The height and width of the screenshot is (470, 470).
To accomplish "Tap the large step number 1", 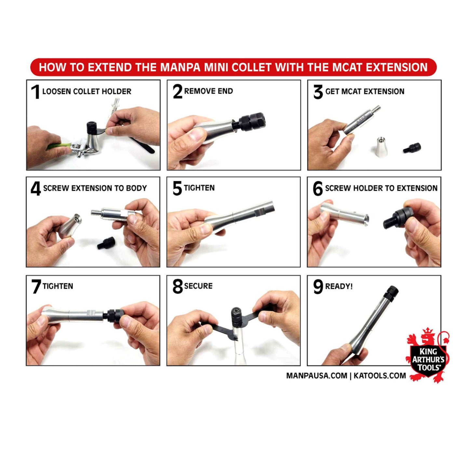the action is (35, 92).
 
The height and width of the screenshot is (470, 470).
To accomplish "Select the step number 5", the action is (177, 188).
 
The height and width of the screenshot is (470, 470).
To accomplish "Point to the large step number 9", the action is (318, 287).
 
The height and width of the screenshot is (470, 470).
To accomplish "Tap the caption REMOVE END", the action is (208, 91).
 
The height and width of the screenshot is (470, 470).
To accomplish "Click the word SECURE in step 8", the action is (198, 286).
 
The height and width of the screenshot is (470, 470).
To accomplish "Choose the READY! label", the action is (339, 286).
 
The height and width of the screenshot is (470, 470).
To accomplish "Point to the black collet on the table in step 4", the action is (107, 242).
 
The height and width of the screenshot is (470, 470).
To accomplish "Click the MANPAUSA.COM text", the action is (316, 375).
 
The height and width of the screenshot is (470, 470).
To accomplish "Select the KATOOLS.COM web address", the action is (380, 375).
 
